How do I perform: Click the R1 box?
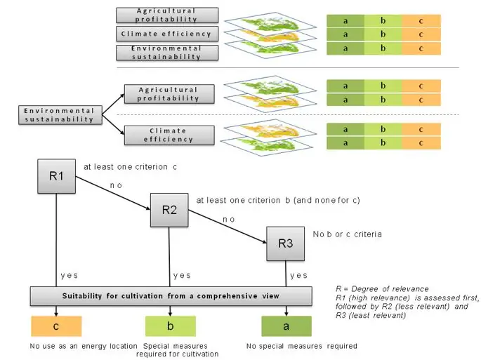56,176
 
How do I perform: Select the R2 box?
169,209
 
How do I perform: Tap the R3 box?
284,244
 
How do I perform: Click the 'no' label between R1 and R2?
116,184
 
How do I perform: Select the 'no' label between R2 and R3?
230,219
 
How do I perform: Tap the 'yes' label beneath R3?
299,275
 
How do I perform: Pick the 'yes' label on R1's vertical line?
69,275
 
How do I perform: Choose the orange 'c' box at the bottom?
56,326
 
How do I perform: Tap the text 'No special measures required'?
302,346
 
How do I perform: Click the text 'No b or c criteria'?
348,233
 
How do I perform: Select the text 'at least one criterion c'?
131,167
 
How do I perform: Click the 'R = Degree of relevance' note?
383,288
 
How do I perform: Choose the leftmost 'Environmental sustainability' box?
59,115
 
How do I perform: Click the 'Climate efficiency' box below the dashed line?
169,135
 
